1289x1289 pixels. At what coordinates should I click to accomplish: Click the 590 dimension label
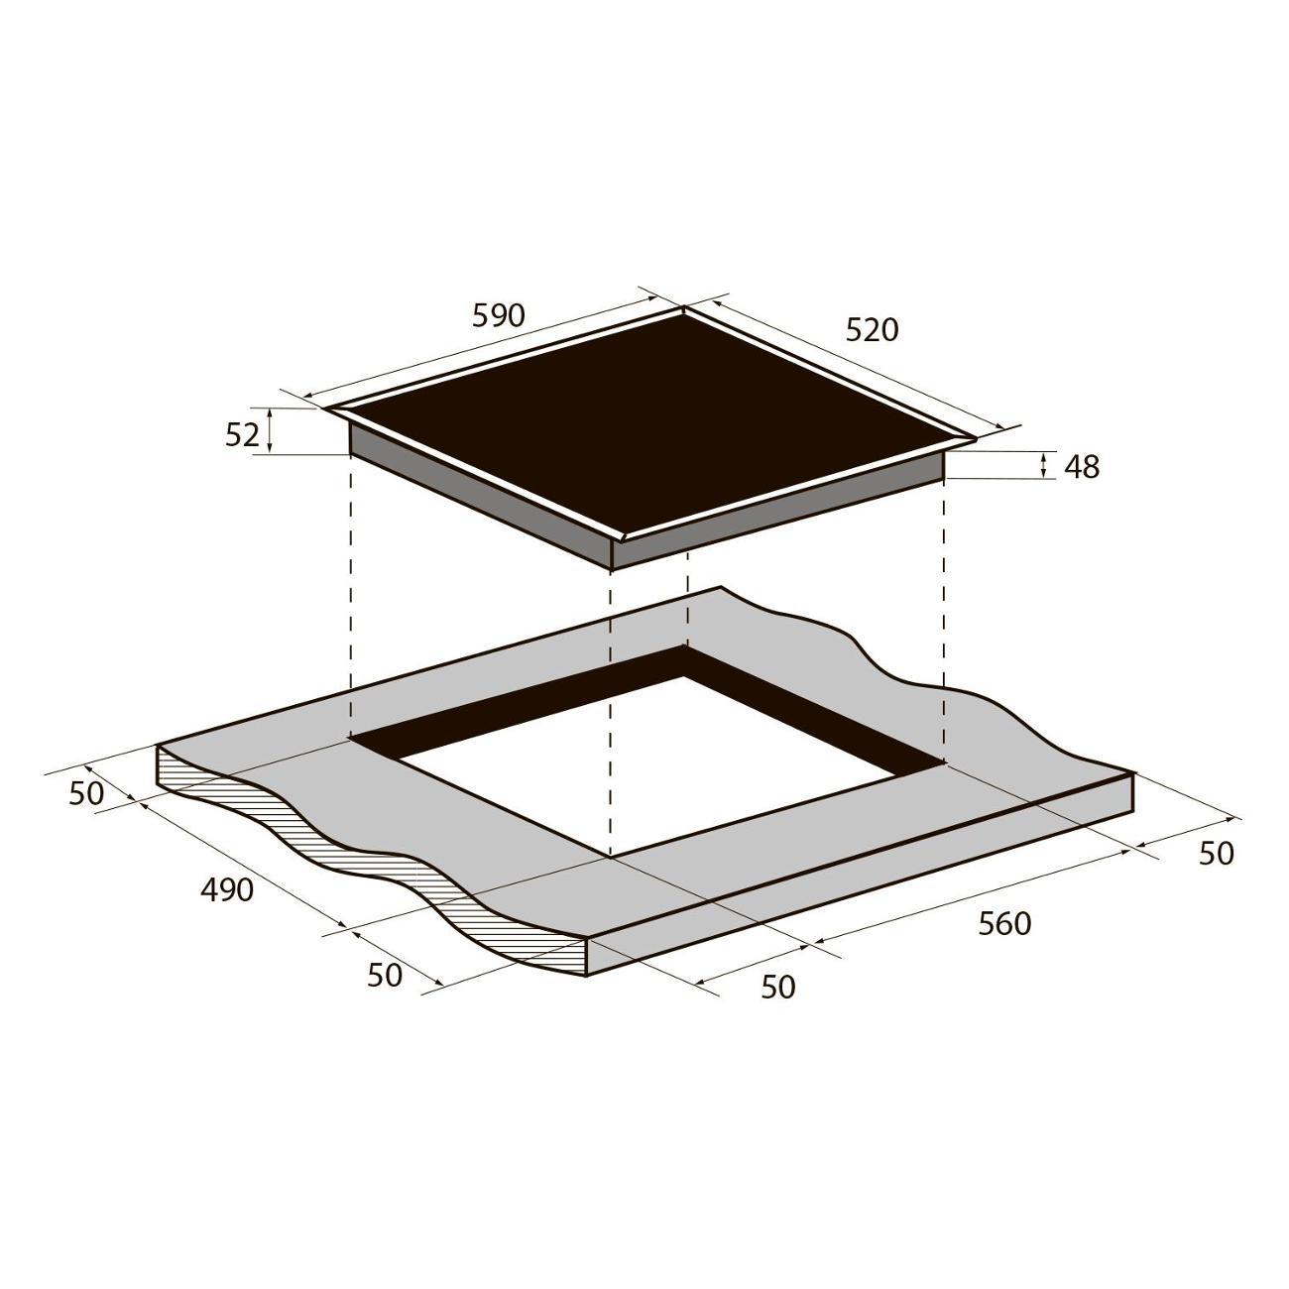point(499,315)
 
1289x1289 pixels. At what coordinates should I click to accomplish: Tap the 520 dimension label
point(873,329)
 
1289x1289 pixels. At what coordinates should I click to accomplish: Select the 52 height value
point(242,435)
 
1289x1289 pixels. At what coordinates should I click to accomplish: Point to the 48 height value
point(1082,468)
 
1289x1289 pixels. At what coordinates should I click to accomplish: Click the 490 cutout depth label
point(227,889)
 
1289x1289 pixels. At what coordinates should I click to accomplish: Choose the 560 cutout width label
point(1004,924)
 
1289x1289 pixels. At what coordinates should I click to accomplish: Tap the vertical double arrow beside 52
point(270,430)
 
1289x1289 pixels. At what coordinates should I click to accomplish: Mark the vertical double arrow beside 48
point(1044,465)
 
